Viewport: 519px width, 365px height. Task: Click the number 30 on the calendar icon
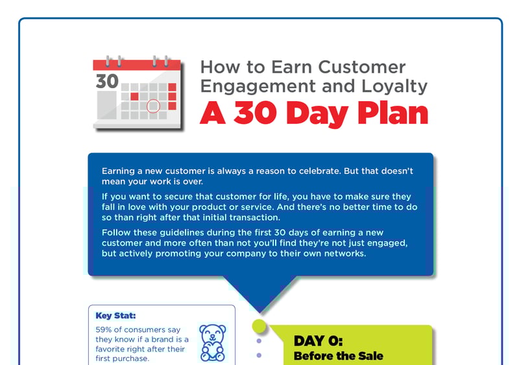click(x=107, y=82)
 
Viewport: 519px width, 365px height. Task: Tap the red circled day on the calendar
click(x=153, y=105)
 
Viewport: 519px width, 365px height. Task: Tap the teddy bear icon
click(x=212, y=342)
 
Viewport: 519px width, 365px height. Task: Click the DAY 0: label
click(x=318, y=341)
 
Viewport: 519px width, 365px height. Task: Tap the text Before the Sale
click(x=338, y=356)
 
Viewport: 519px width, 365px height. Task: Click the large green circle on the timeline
click(x=259, y=325)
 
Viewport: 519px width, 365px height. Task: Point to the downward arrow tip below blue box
click(x=259, y=311)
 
